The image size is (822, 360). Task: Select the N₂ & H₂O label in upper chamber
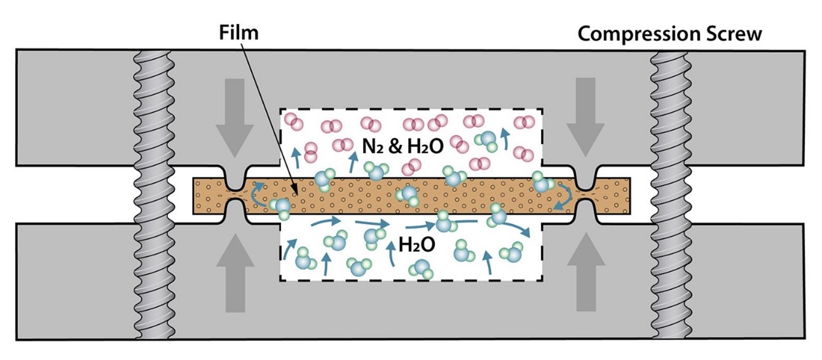pyautogui.click(x=400, y=148)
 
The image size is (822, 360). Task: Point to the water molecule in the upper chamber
pyautogui.click(x=488, y=141)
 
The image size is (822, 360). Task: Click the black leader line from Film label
pyautogui.click(x=267, y=114)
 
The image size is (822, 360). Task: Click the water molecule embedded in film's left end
pyautogui.click(x=280, y=205)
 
